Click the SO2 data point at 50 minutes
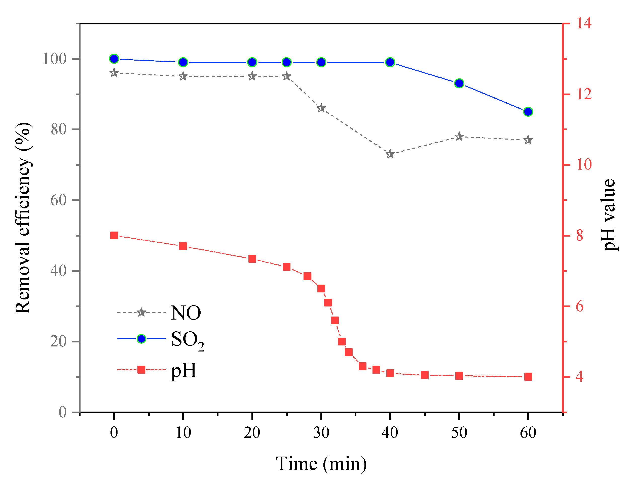point(459,83)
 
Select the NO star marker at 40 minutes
point(390,154)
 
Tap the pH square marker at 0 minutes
point(114,235)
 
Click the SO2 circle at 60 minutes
point(528,112)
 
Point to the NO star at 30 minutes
point(321,109)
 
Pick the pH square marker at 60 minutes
point(528,377)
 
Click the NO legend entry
point(186,313)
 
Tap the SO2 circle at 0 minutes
point(114,59)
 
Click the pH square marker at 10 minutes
point(183,246)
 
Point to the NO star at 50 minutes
point(459,136)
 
